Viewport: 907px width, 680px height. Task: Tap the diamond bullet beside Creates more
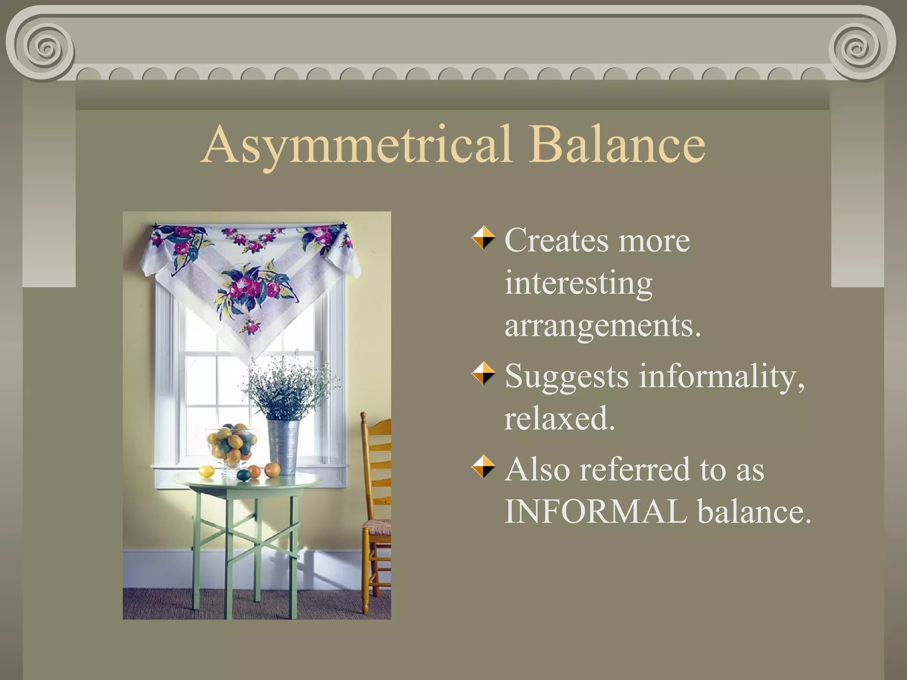click(483, 238)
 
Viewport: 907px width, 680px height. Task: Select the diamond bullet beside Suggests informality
click(483, 374)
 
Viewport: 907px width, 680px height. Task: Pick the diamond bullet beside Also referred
click(483, 467)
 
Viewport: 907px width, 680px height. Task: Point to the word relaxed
click(559, 418)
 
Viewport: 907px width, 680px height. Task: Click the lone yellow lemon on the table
click(206, 471)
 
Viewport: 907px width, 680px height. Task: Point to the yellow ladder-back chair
click(376, 487)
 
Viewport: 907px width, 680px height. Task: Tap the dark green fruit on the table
click(243, 476)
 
